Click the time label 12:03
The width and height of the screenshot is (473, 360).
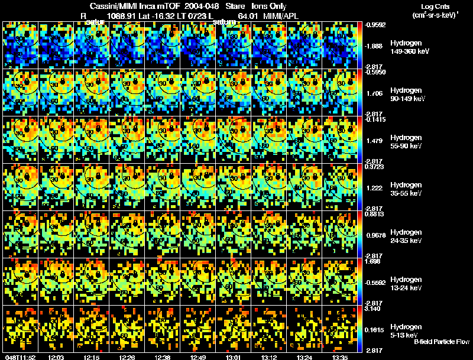pyautogui.click(x=57, y=357)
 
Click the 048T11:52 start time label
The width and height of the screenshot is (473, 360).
pyautogui.click(x=19, y=357)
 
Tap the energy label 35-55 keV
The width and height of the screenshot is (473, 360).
pyautogui.click(x=406, y=193)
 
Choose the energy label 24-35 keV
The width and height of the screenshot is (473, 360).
pyautogui.click(x=406, y=241)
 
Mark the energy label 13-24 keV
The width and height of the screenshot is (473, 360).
pyautogui.click(x=406, y=288)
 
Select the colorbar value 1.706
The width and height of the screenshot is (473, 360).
pyautogui.click(x=374, y=93)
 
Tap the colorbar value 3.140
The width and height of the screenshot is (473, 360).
pyautogui.click(x=374, y=309)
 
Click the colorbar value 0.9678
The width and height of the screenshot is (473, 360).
pyautogui.click(x=375, y=235)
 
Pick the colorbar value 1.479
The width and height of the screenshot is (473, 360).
pyautogui.click(x=374, y=141)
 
